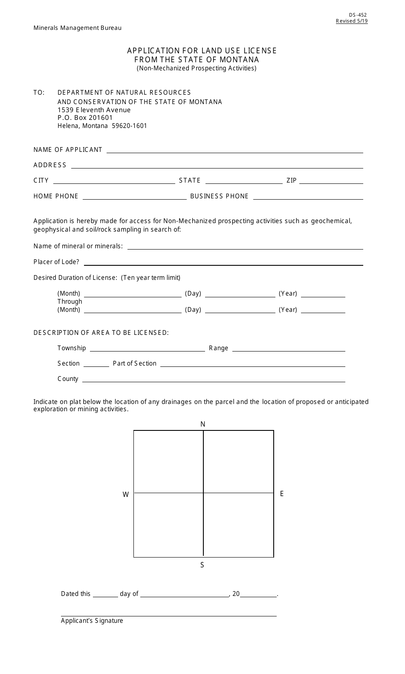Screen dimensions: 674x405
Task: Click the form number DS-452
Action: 357,15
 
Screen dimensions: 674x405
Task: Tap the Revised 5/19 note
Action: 351,21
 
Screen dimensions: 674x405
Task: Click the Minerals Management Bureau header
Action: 78,28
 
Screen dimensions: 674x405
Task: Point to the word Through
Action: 70,302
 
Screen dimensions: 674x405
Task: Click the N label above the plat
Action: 203,424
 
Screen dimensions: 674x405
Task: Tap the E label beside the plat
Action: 282,494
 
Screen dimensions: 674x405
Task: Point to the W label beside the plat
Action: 126,495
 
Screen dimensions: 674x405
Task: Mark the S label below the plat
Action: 202,565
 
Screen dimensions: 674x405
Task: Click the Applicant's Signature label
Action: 92,621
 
